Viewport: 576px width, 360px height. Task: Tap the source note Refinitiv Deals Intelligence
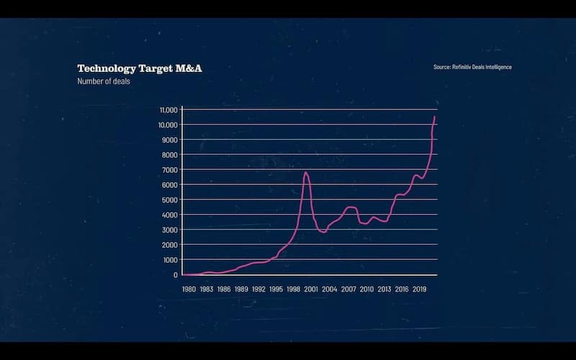click(x=472, y=67)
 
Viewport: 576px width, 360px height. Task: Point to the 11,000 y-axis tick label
click(x=168, y=109)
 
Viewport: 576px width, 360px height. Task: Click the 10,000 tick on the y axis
click(x=168, y=125)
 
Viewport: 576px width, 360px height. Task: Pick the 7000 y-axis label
click(x=169, y=169)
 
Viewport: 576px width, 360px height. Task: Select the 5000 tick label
click(x=169, y=199)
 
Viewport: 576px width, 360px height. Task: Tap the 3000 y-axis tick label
click(x=169, y=230)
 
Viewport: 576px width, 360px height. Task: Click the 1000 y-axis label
click(x=170, y=259)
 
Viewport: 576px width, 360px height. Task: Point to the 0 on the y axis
click(x=175, y=274)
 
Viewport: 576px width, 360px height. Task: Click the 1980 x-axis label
click(x=188, y=289)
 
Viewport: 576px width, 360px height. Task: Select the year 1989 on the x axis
click(x=241, y=289)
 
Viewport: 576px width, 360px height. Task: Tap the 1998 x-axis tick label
click(x=294, y=289)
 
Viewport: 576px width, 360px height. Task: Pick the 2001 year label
click(x=312, y=289)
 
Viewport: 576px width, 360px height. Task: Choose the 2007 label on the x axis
click(x=348, y=289)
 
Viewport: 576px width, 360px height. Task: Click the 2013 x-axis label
click(x=384, y=289)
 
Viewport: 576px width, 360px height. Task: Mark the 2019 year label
click(x=420, y=289)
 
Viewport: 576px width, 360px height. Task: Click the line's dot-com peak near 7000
click(x=306, y=173)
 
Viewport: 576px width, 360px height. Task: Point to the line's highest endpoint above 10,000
click(x=435, y=117)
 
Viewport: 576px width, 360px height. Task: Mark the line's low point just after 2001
click(x=324, y=233)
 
